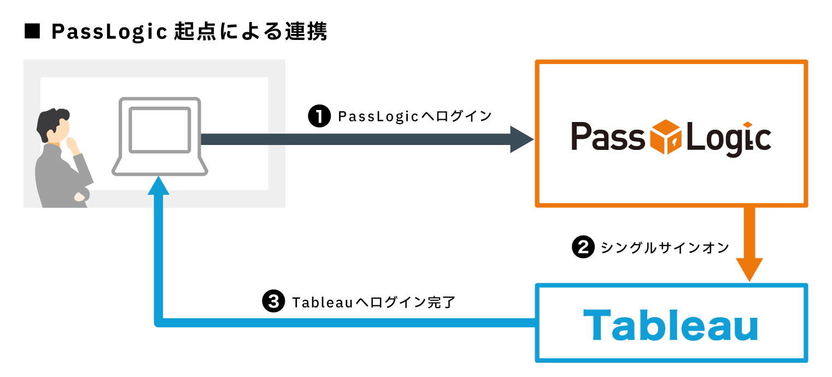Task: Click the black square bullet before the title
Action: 32,31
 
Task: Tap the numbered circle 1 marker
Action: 319,116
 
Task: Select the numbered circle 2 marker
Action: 583,247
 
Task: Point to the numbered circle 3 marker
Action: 273,301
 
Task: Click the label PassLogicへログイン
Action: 414,117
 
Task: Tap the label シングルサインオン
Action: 665,248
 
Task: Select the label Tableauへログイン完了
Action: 373,302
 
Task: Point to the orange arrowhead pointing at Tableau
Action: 749,269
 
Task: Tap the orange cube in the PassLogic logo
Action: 666,137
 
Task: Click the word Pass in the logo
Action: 608,136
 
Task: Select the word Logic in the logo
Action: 729,139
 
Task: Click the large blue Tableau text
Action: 671,325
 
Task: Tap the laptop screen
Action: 160,130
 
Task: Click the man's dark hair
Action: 51,123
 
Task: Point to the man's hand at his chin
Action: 72,145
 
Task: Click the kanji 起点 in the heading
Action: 195,31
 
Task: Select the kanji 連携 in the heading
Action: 306,31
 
